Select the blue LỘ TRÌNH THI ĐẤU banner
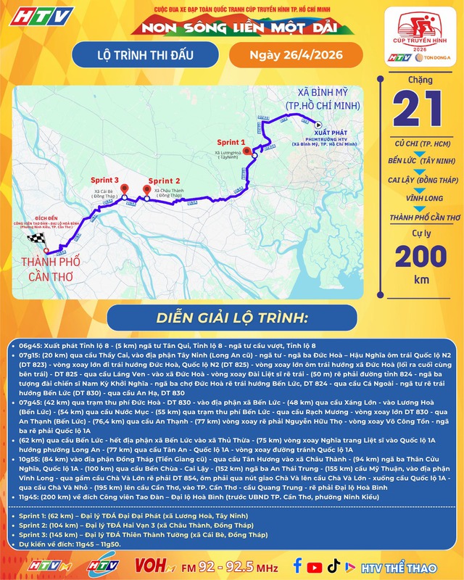click(149, 56)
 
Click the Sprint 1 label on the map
click(234, 144)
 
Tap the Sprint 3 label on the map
click(104, 181)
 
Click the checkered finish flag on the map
click(36, 239)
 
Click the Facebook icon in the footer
click(298, 565)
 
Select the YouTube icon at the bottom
click(315, 565)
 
